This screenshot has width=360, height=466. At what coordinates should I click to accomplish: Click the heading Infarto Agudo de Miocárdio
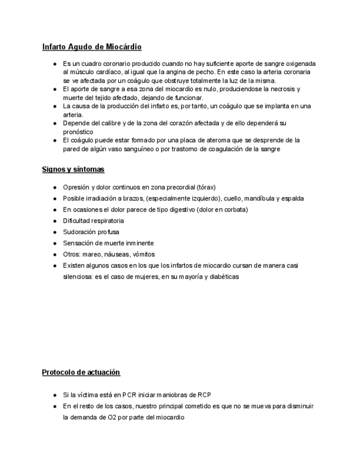tap(92, 47)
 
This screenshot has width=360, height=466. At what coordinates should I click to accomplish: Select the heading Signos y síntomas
tap(73, 169)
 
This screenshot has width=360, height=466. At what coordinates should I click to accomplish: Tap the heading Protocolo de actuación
tap(81, 373)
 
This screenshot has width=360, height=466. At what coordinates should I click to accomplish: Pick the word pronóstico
tap(78, 132)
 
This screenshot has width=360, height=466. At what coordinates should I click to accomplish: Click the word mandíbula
tap(263, 198)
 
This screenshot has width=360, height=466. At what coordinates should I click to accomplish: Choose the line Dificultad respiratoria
tap(93, 221)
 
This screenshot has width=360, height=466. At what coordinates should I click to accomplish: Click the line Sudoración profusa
tap(91, 232)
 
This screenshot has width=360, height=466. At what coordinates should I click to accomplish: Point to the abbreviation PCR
tap(130, 395)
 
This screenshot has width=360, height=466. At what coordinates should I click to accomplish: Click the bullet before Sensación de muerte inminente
tap(55, 243)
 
